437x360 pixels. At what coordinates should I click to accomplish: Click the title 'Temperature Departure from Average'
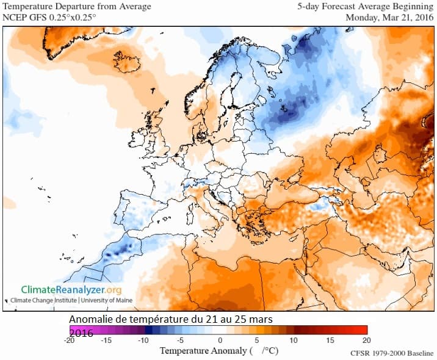pyautogui.click(x=78, y=7)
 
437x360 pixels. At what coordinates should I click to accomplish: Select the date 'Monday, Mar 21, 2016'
pyautogui.click(x=389, y=17)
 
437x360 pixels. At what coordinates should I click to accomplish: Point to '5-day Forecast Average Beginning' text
pyautogui.click(x=366, y=7)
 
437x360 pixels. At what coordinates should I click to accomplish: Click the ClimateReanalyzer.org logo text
pyautogui.click(x=71, y=290)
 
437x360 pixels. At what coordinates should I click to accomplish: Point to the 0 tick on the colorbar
pyautogui.click(x=220, y=340)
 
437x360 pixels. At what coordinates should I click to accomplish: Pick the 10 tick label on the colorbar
pyautogui.click(x=293, y=340)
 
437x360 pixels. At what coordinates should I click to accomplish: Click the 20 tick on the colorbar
pyautogui.click(x=366, y=340)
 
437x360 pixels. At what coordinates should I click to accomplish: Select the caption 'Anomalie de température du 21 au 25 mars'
pyautogui.click(x=170, y=320)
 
